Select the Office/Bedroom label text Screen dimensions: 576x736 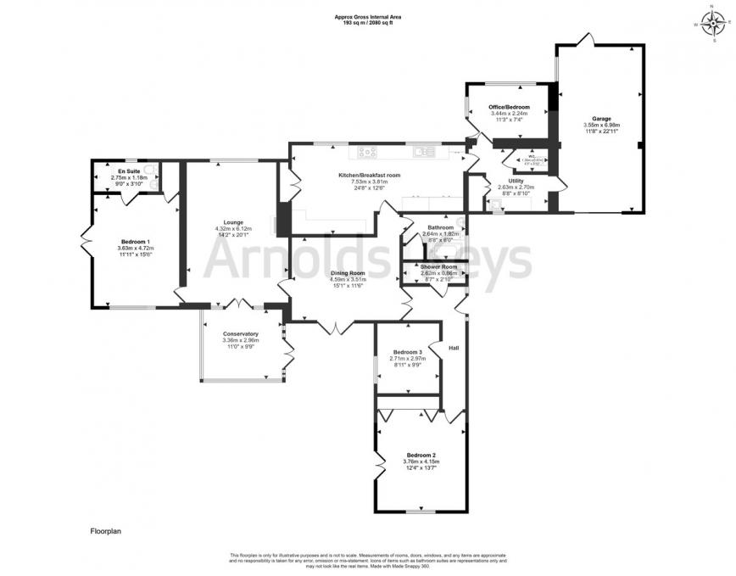[509, 107]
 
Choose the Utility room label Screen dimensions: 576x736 [516, 181]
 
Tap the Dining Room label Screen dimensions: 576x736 [347, 273]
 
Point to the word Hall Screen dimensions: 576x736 [454, 347]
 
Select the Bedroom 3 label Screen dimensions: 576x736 [407, 352]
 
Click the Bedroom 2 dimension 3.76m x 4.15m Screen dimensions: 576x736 [421, 461]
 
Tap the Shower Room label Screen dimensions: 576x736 [439, 267]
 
